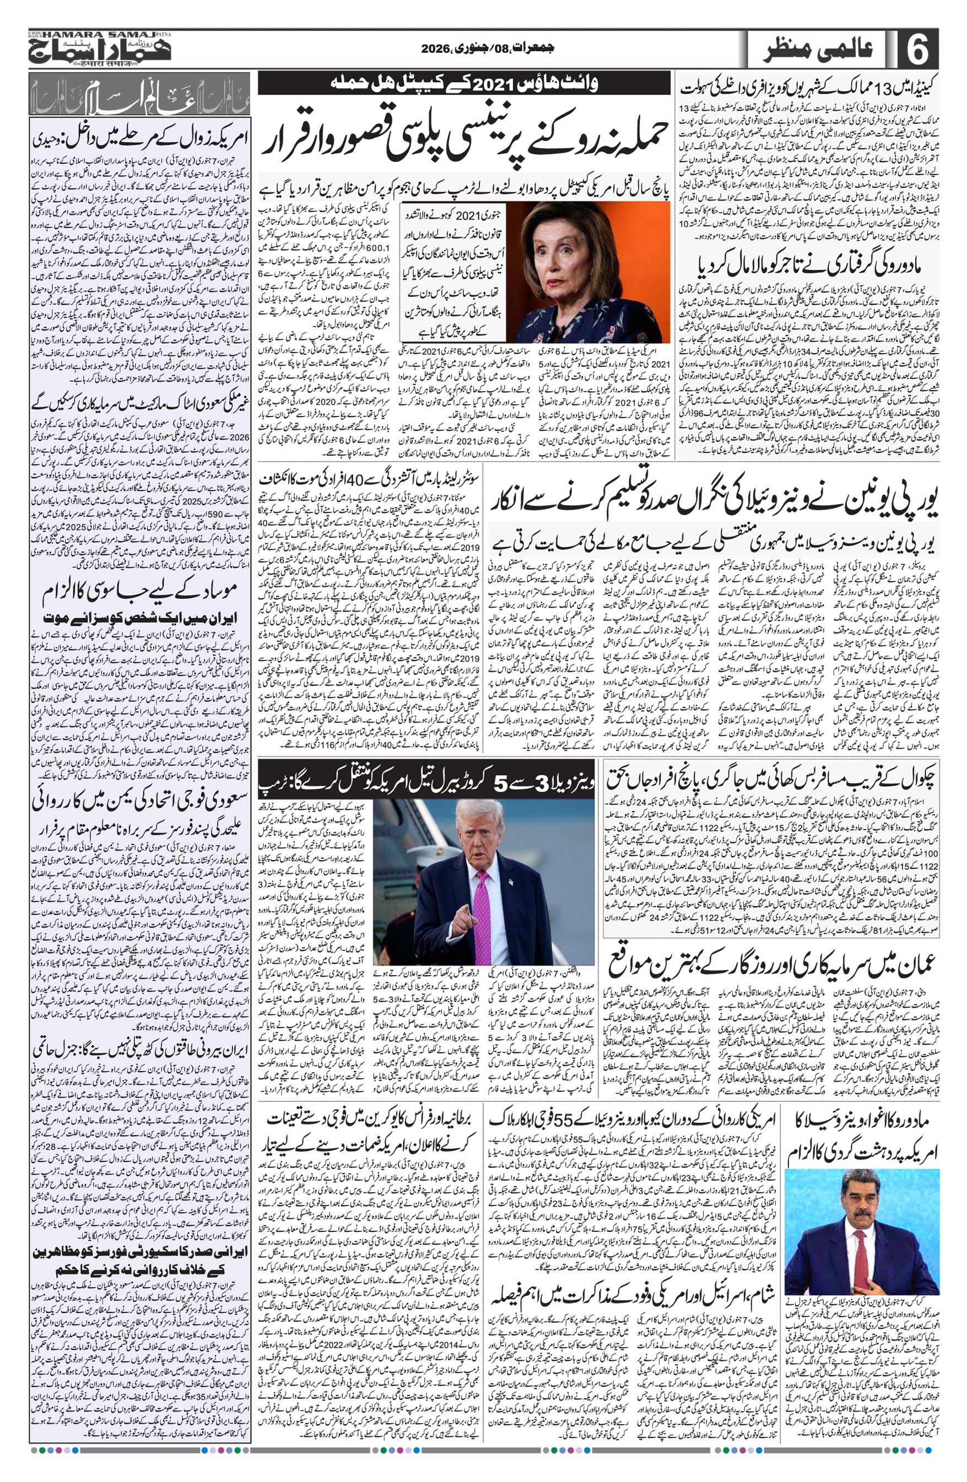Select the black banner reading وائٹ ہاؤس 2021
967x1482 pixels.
click(x=463, y=82)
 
